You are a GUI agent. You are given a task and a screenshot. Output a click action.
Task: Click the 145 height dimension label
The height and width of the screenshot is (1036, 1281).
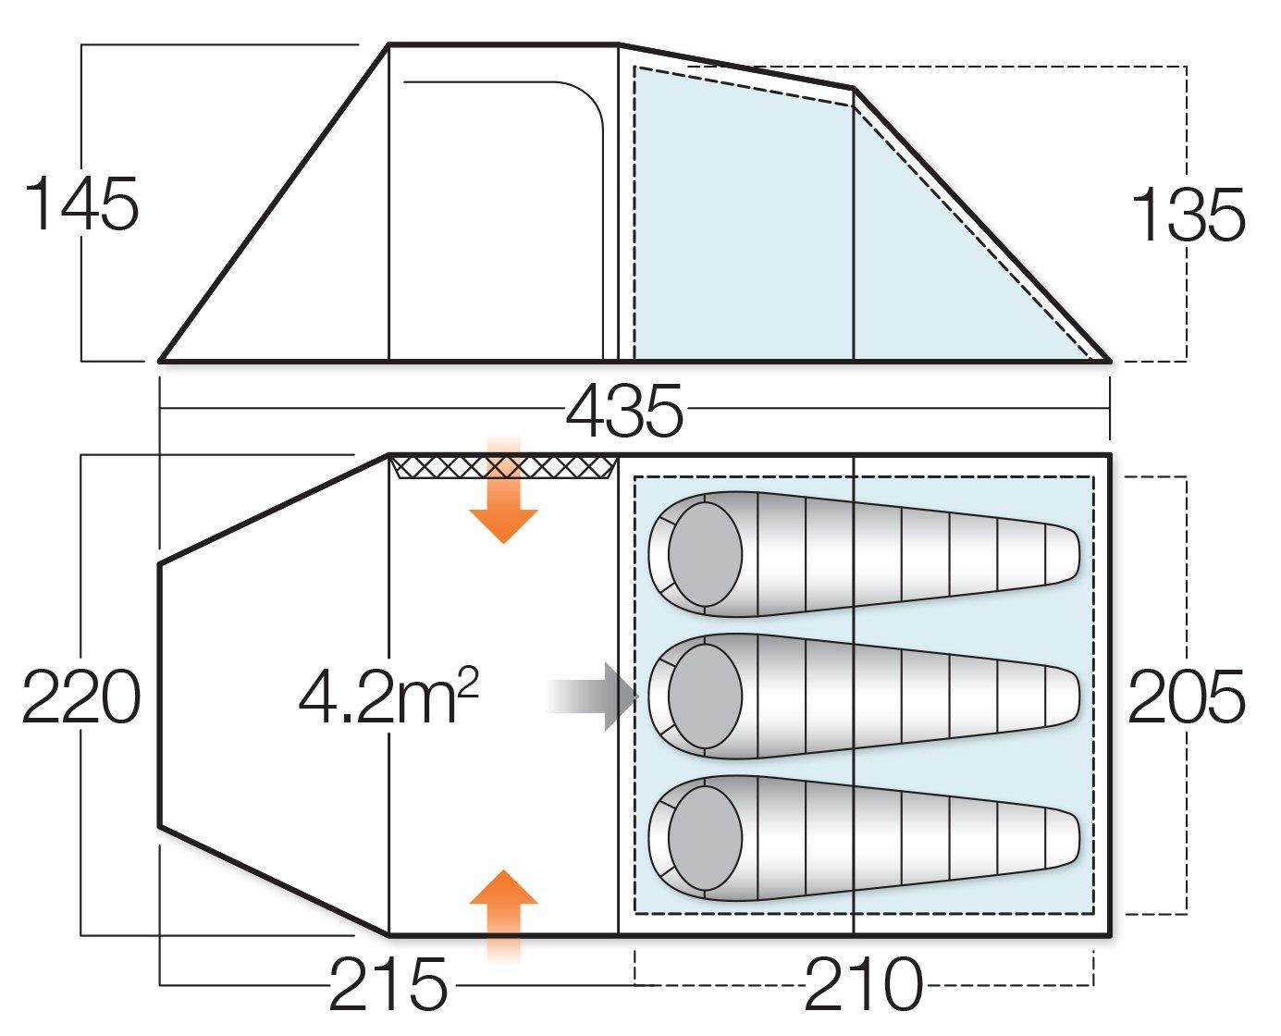tap(82, 204)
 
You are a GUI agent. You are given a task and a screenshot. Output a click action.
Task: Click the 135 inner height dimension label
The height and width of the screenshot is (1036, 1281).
tap(1188, 216)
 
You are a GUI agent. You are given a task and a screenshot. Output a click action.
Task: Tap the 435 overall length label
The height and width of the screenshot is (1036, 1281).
tap(624, 412)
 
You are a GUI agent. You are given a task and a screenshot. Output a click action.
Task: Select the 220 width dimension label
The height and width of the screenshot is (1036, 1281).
tap(81, 697)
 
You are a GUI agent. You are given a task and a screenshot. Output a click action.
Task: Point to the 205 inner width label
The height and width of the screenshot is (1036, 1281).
tap(1186, 697)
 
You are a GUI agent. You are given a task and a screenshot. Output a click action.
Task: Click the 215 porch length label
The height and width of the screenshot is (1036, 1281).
tap(388, 985)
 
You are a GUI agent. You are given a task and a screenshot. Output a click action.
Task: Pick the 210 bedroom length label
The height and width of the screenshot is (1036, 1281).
tap(864, 985)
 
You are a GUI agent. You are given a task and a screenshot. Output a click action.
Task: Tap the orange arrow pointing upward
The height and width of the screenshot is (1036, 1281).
tap(503, 911)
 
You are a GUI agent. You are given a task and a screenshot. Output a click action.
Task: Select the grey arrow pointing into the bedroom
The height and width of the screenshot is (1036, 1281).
tap(597, 696)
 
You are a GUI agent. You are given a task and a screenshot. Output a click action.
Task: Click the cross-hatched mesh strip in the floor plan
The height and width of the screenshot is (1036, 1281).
tap(503, 467)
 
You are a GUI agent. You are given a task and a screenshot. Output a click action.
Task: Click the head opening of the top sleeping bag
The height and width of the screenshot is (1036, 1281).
tap(705, 554)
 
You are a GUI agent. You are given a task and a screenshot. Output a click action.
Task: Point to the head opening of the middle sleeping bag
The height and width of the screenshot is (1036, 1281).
tap(705, 696)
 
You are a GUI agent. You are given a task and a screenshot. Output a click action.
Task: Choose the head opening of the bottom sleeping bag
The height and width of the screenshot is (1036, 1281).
tap(705, 838)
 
